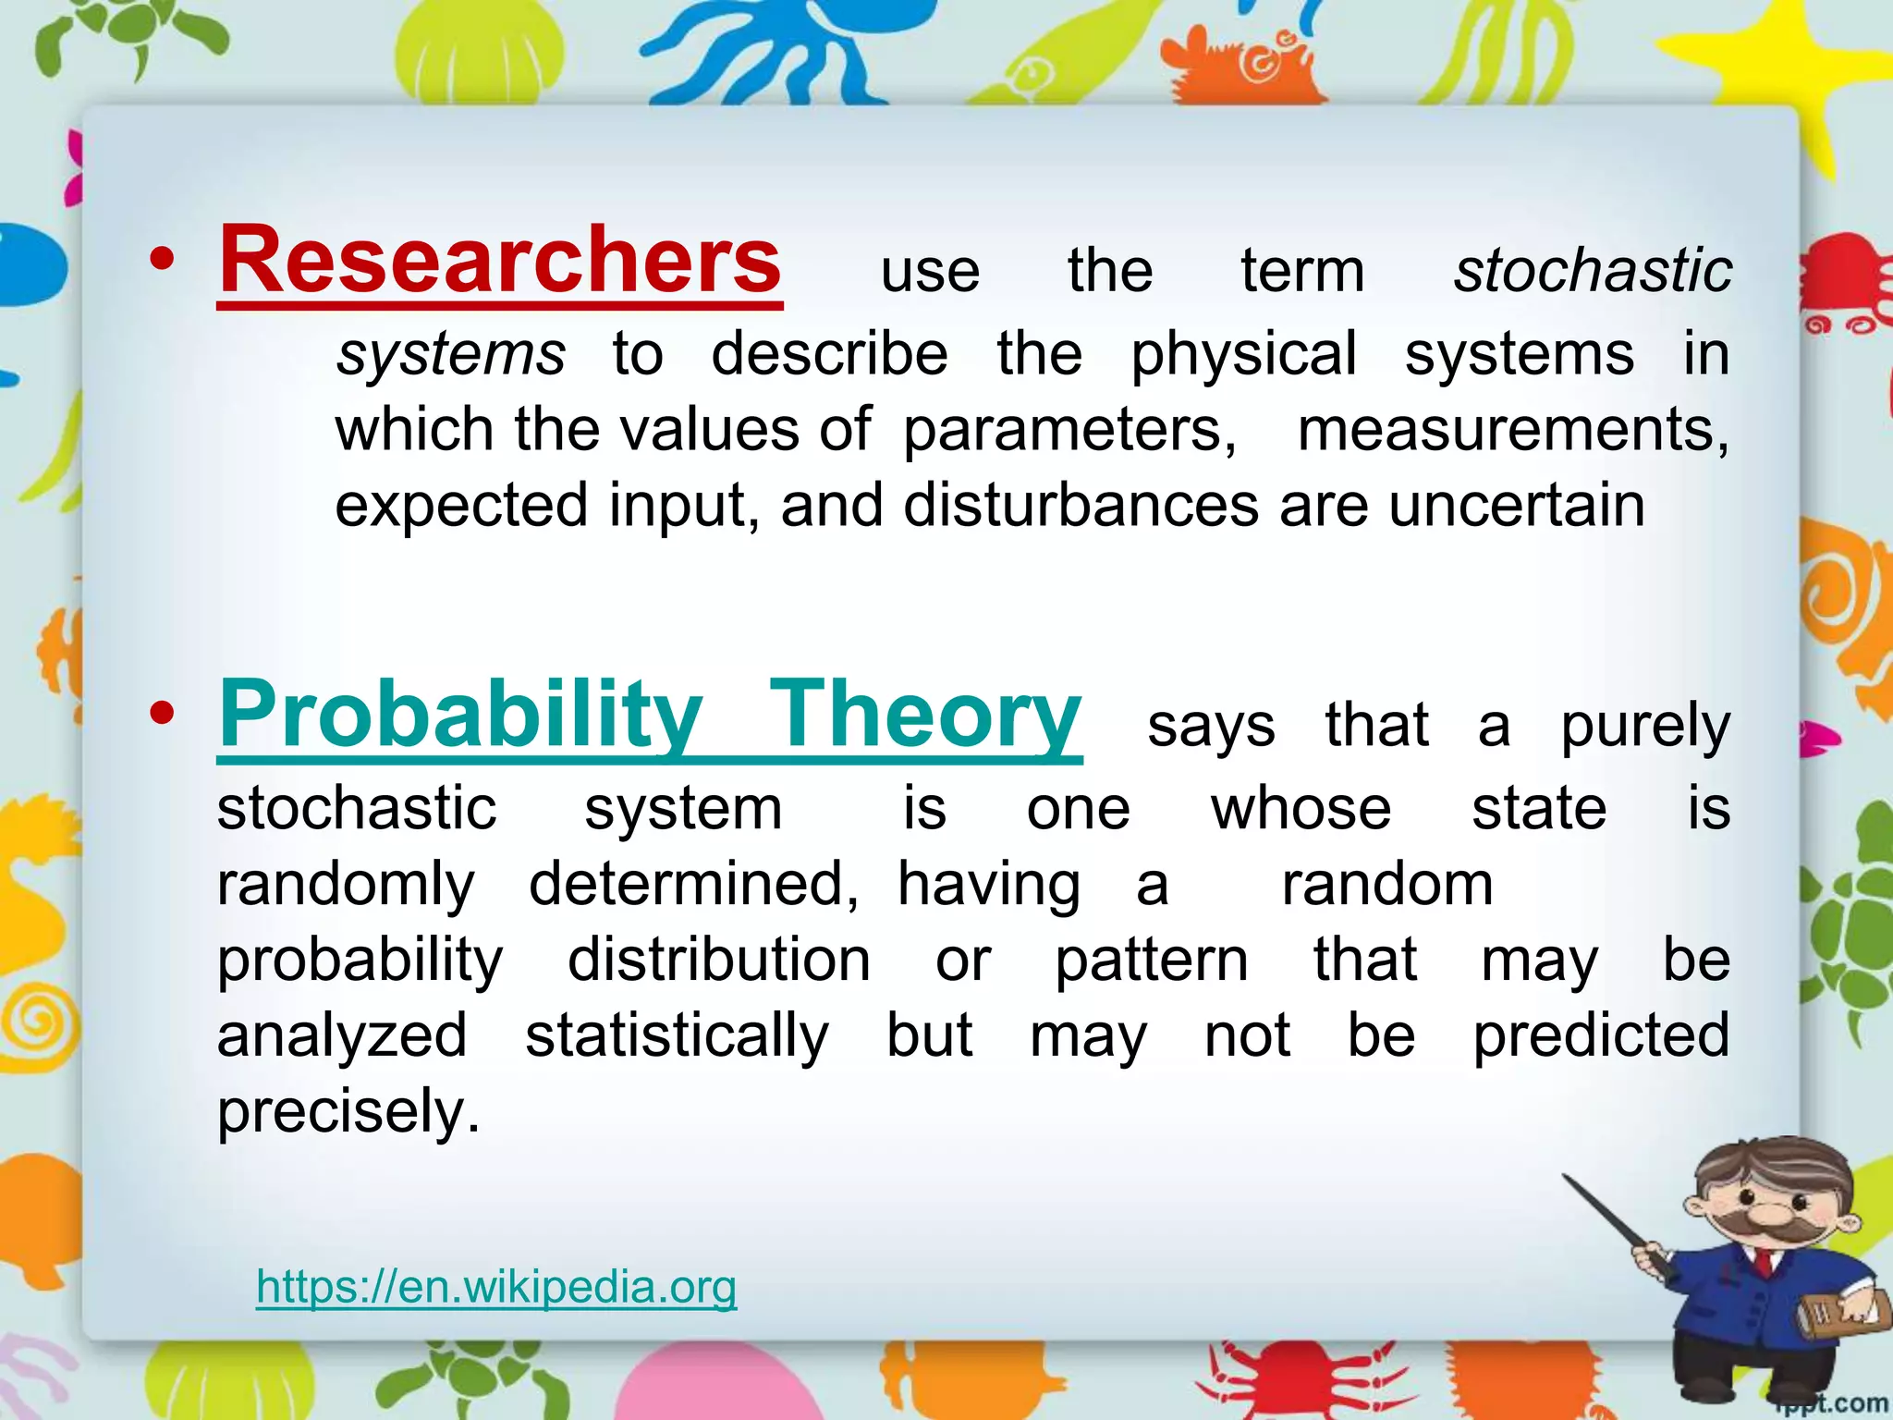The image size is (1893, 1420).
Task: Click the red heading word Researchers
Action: click(499, 262)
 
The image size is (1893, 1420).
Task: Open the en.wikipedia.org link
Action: click(496, 1286)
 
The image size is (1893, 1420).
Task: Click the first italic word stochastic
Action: click(1592, 271)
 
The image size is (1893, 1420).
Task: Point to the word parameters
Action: click(1069, 431)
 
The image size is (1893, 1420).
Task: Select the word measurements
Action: click(1512, 431)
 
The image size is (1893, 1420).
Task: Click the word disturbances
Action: click(1081, 506)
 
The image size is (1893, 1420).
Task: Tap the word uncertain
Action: click(1516, 506)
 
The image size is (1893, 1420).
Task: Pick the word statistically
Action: click(677, 1035)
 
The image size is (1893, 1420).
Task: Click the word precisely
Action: click(348, 1111)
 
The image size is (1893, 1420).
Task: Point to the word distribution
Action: click(718, 960)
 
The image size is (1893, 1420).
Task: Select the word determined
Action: click(693, 885)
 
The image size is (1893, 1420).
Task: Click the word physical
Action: click(1243, 355)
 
